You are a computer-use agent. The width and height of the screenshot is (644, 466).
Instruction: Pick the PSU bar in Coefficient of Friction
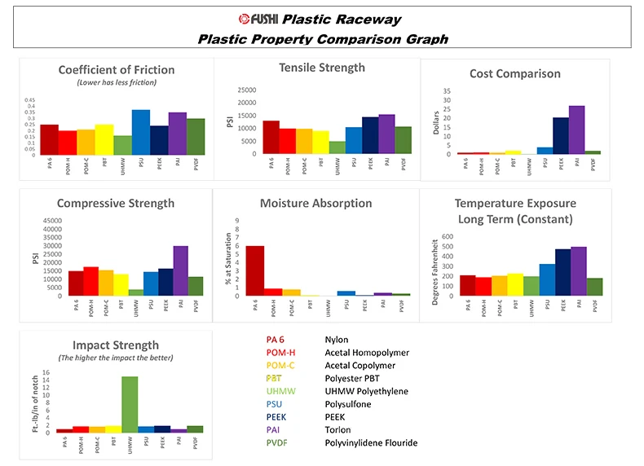[x=141, y=132]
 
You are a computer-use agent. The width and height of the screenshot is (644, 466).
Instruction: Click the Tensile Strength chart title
[x=322, y=68]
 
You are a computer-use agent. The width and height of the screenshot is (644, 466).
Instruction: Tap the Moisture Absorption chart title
[x=315, y=203]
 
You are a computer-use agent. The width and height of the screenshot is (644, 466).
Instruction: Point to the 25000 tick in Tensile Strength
[x=245, y=90]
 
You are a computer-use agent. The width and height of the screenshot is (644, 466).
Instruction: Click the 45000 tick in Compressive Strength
[x=51, y=220]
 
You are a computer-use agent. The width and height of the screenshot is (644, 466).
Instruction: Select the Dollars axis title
[x=437, y=122]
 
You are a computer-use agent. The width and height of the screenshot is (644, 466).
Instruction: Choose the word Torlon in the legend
[x=337, y=430]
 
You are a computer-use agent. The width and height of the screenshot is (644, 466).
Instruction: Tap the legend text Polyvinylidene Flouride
[x=370, y=443]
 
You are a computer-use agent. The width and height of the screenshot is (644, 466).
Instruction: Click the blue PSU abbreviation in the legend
[x=275, y=404]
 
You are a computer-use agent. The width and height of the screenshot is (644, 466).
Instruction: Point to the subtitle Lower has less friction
[x=116, y=82]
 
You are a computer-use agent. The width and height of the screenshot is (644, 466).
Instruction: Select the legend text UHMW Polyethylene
[x=365, y=391]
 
